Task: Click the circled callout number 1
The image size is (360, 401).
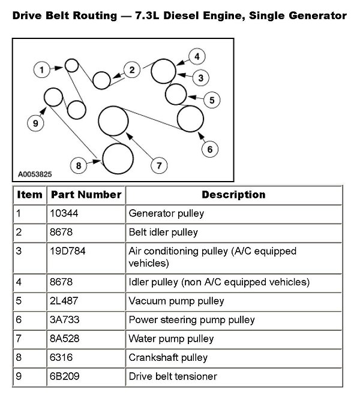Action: coord(41,70)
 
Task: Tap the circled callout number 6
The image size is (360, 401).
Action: coord(208,148)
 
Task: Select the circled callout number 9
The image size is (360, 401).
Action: coord(35,123)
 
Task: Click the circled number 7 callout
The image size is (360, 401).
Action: coord(158,164)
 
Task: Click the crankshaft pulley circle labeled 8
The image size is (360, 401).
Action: coord(118,158)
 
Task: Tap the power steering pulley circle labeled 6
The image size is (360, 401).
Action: coord(190,117)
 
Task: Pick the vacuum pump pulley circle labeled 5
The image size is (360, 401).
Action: coord(175,94)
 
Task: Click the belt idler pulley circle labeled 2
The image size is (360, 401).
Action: coord(101,79)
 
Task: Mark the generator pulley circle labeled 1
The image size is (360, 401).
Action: coord(71,65)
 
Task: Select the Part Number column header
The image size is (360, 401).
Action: coord(86,195)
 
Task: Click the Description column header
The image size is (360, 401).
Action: coord(233,195)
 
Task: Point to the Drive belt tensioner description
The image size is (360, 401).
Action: coord(173,376)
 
